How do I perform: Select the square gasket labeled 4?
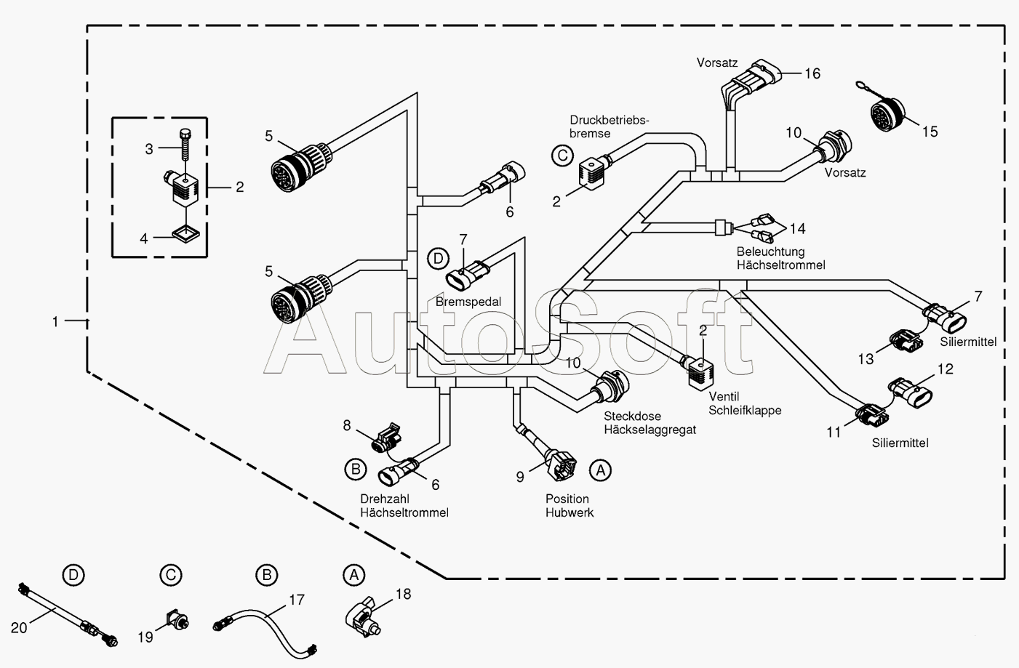(x=185, y=233)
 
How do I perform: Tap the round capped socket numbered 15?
(x=887, y=113)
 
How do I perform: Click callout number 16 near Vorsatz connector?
(x=812, y=73)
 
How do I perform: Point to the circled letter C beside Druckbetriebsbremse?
(x=563, y=156)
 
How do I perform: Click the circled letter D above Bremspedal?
(x=438, y=259)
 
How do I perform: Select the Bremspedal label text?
(x=468, y=302)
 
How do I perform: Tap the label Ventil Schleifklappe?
(x=745, y=403)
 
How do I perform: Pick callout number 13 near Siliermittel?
(x=866, y=359)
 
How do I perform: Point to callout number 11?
(x=834, y=432)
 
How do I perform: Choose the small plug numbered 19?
(x=177, y=620)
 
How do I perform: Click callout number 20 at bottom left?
(x=19, y=628)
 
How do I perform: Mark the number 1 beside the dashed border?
(x=55, y=322)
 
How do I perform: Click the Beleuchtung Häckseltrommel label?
(x=780, y=258)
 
